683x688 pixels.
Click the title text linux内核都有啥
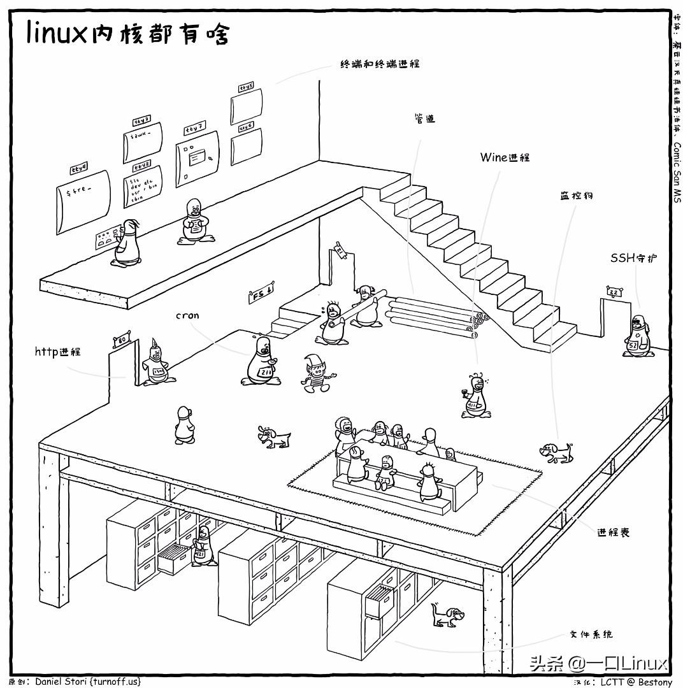tap(127, 33)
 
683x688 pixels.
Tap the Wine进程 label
tap(505, 157)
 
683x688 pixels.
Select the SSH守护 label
tap(633, 258)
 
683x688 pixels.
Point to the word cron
tap(187, 315)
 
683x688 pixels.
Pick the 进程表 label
tap(613, 532)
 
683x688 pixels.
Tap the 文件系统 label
tap(591, 634)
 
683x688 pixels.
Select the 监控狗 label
tap(572, 196)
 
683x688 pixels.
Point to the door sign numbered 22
tap(613, 292)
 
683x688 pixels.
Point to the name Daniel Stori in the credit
tap(62, 682)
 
